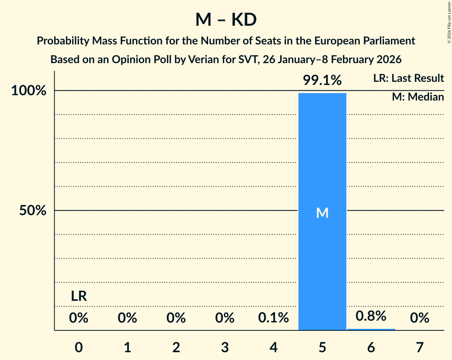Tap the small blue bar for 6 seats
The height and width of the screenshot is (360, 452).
coord(371,329)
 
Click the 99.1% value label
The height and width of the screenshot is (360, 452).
coord(322,81)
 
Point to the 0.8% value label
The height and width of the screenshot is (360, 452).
coord(371,316)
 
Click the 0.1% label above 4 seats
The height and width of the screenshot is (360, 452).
coord(274,318)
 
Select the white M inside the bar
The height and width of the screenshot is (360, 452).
coord(322,213)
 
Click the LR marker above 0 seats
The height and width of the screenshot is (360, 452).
coord(79,296)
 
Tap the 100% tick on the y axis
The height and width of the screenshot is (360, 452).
coord(29,91)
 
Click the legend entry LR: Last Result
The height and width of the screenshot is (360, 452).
coord(408,78)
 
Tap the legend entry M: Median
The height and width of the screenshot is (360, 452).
coord(418,97)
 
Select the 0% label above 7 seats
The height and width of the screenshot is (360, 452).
coord(420,318)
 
